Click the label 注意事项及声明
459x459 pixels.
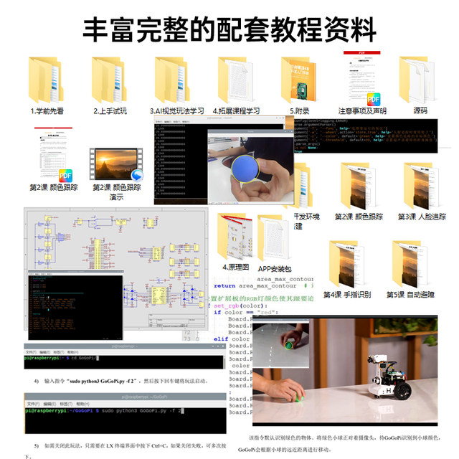(x=362, y=111)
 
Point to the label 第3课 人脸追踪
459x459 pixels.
(x=422, y=216)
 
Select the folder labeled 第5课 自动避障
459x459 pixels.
(x=410, y=265)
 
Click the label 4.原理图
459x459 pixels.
(x=235, y=267)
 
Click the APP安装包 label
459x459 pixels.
(x=275, y=268)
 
